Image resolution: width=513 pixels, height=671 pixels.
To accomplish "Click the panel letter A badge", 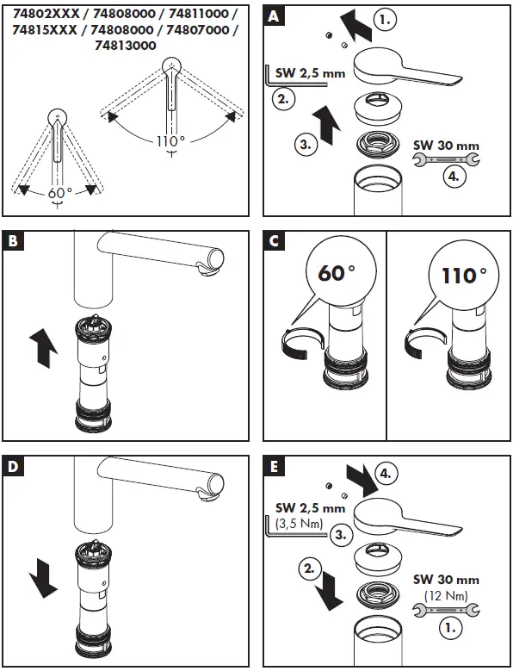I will pyautogui.click(x=274, y=16).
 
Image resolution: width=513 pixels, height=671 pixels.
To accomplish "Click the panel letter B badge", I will pyautogui.click(x=15, y=243).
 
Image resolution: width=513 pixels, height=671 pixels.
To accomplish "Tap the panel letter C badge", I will pyautogui.click(x=274, y=243).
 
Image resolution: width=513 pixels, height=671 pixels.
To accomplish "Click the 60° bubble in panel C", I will pyautogui.click(x=337, y=275).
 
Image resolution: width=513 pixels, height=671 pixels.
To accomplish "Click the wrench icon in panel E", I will pyautogui.click(x=436, y=612).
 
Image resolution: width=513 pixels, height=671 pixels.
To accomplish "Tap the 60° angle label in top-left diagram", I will pyautogui.click(x=58, y=193).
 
